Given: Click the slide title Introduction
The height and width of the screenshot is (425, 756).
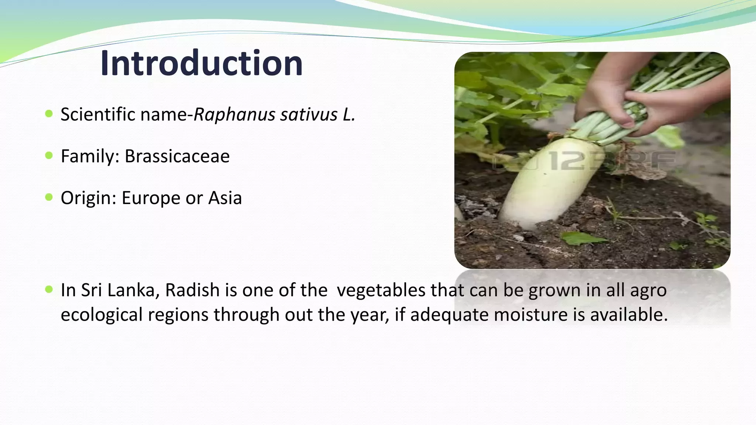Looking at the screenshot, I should coord(201,63).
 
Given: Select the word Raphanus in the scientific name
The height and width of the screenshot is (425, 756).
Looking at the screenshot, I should coord(234,114).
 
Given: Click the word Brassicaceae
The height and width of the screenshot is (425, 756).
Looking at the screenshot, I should coord(177,156).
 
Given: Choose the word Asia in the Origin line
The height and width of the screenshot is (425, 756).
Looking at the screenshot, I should coord(225,198).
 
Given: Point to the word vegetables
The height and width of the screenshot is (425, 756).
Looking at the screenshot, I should coord(381,290).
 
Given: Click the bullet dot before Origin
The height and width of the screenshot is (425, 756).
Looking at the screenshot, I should coord(49,197).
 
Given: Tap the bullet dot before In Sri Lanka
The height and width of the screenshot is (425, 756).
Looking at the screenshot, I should coord(49,289).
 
